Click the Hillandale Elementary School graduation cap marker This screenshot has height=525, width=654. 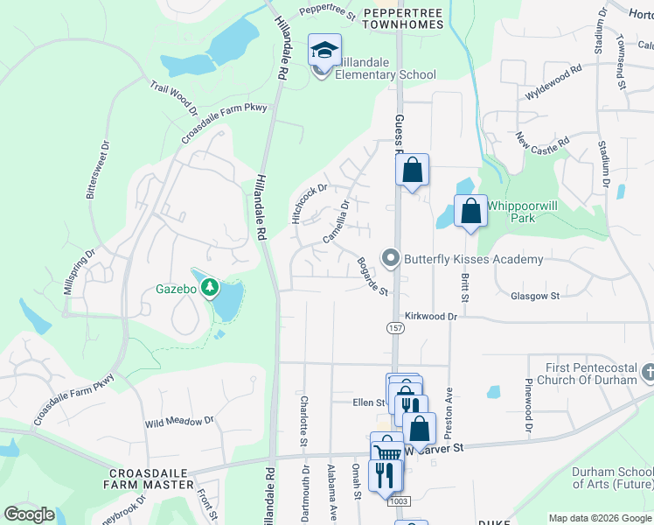click(x=324, y=51)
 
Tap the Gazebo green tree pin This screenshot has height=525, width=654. click(x=210, y=286)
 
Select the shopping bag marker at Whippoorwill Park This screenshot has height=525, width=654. click(x=470, y=211)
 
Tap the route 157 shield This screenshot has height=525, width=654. click(x=395, y=327)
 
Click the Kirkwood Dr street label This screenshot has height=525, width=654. click(x=431, y=316)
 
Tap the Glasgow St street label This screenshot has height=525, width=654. click(x=536, y=297)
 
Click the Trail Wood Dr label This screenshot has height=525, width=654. click(x=173, y=97)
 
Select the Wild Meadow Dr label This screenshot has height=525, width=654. click(x=179, y=422)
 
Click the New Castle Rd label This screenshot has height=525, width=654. click(x=542, y=140)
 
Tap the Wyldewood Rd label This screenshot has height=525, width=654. click(x=553, y=82)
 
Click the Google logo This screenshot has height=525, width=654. click(x=30, y=514)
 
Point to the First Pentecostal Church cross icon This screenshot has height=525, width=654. click(x=647, y=373)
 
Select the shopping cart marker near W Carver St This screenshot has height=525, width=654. click(x=386, y=451)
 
